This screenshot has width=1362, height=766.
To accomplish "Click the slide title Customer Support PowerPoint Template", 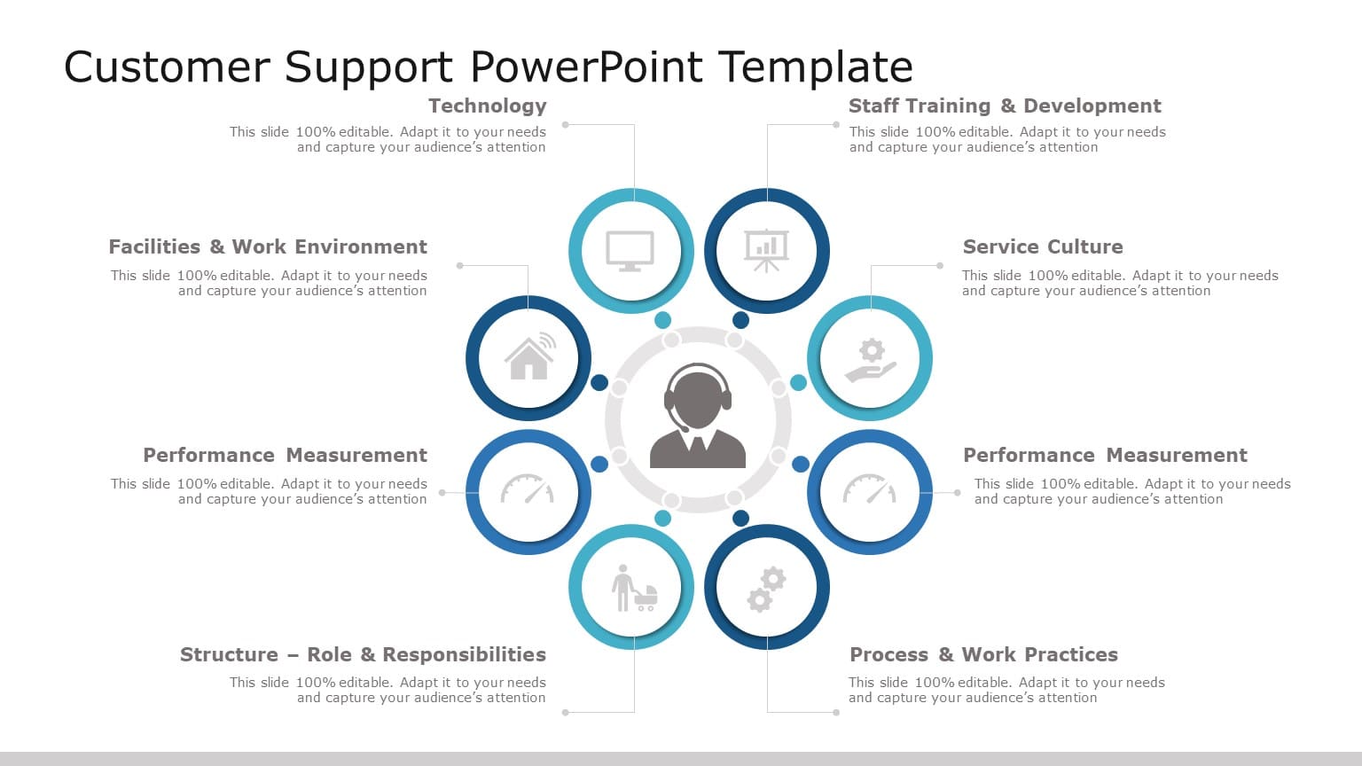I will tap(488, 67).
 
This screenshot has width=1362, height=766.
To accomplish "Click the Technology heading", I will tap(487, 106).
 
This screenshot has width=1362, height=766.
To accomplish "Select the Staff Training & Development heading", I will tap(1004, 106).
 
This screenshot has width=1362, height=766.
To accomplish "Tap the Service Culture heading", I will tap(1042, 247).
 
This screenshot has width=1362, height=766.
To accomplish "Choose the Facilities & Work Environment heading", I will tap(267, 247).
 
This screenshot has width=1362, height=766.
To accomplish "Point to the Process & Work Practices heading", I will tap(983, 655).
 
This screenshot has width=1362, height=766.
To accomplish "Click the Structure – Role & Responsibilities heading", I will tap(363, 655).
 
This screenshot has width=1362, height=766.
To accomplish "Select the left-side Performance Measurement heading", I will tap(285, 456).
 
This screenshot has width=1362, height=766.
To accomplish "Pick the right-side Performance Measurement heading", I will tap(1104, 456).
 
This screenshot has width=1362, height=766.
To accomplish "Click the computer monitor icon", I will tap(630, 251).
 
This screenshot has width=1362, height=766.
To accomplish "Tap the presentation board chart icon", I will tap(766, 251).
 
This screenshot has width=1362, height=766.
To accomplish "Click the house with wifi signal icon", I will tap(529, 357).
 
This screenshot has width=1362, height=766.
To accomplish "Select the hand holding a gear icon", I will tap(870, 360).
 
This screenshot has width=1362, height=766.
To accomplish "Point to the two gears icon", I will tap(766, 589).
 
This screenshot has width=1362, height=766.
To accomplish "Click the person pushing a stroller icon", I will tap(633, 589).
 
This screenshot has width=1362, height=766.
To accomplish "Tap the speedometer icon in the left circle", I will tap(528, 490).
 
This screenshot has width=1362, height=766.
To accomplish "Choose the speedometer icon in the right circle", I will tap(869, 490).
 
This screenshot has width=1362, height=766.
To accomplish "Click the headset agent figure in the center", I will tap(698, 417).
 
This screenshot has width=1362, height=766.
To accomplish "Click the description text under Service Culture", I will tap(1119, 283).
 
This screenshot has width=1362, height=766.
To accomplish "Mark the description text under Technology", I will tap(387, 139).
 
